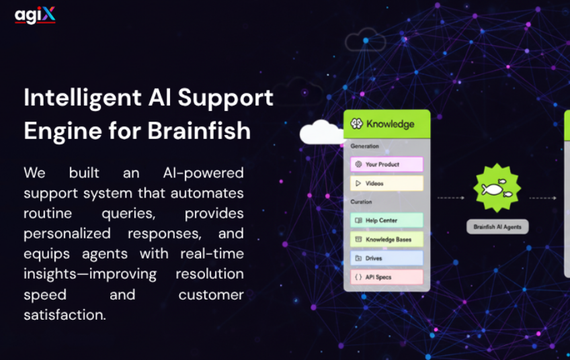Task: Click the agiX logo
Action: coord(35,15)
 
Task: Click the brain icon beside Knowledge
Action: coord(357,124)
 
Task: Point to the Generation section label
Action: coord(364,146)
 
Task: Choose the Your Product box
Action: coord(386,164)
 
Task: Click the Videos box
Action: coord(386,183)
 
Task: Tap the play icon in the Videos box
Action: coord(358,183)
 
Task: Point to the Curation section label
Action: coord(361,201)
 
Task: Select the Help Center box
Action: coord(386,220)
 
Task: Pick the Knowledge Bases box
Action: coord(386,239)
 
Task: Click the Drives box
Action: coord(386,259)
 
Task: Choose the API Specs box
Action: coord(386,277)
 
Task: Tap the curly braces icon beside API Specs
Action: coord(358,277)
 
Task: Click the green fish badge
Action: coord(497,188)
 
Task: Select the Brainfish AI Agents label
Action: coord(497,227)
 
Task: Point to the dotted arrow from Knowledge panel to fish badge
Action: coord(451,198)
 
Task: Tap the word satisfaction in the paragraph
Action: coord(65,315)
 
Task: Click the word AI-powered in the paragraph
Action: coord(203,173)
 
